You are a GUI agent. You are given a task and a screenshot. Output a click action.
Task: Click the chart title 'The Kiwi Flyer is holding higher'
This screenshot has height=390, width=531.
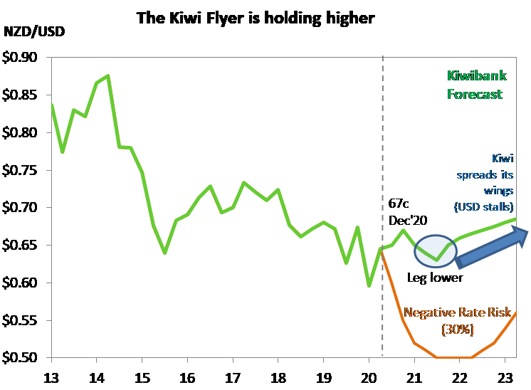tap(256, 18)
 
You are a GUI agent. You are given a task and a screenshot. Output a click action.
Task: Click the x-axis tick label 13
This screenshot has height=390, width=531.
tap(51, 376)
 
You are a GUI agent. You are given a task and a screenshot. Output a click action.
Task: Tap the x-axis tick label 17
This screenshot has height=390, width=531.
tap(232, 376)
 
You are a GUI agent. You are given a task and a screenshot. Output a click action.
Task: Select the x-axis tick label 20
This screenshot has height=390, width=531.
tap(369, 376)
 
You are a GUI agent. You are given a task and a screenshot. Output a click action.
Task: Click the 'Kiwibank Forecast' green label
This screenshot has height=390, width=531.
tap(475, 85)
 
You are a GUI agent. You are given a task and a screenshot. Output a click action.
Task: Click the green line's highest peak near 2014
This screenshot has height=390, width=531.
tap(107, 75)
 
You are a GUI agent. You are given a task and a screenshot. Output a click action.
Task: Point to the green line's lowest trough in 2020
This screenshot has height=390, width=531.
tap(369, 286)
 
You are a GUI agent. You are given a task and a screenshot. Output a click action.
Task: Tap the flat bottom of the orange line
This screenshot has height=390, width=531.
tap(453, 357)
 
